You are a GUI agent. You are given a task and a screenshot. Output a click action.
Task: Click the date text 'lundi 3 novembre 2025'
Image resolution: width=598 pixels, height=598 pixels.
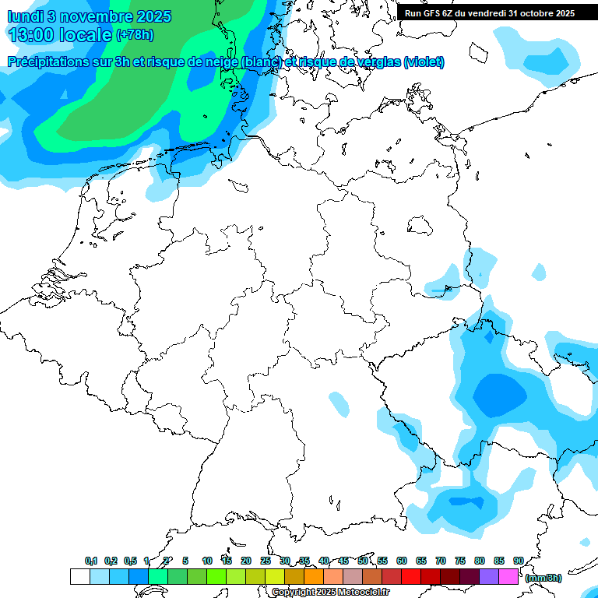90,16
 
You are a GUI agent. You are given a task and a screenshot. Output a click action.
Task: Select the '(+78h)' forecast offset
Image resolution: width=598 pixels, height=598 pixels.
135,35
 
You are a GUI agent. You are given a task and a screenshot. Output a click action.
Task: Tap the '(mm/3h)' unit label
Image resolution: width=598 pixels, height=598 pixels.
543,578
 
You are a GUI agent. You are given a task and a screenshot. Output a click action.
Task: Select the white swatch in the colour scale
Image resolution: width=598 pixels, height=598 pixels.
79,577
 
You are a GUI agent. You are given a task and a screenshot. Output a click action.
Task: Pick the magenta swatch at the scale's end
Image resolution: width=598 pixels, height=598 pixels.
508,577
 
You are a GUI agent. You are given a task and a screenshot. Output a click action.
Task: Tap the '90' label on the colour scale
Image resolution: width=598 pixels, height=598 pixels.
518,561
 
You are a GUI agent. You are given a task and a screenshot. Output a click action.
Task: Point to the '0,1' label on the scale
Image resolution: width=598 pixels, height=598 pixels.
91,561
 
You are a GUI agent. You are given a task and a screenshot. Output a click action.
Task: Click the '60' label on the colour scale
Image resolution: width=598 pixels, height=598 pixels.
402,561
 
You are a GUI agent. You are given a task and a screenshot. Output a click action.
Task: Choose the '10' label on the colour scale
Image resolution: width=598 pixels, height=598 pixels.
207,561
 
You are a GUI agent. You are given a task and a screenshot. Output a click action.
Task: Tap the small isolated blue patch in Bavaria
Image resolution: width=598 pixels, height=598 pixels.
339,403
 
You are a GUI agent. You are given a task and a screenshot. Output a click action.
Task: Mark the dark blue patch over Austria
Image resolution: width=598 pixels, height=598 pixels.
471,501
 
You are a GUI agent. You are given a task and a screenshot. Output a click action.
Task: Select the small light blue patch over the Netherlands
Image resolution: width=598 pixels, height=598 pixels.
162,189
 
